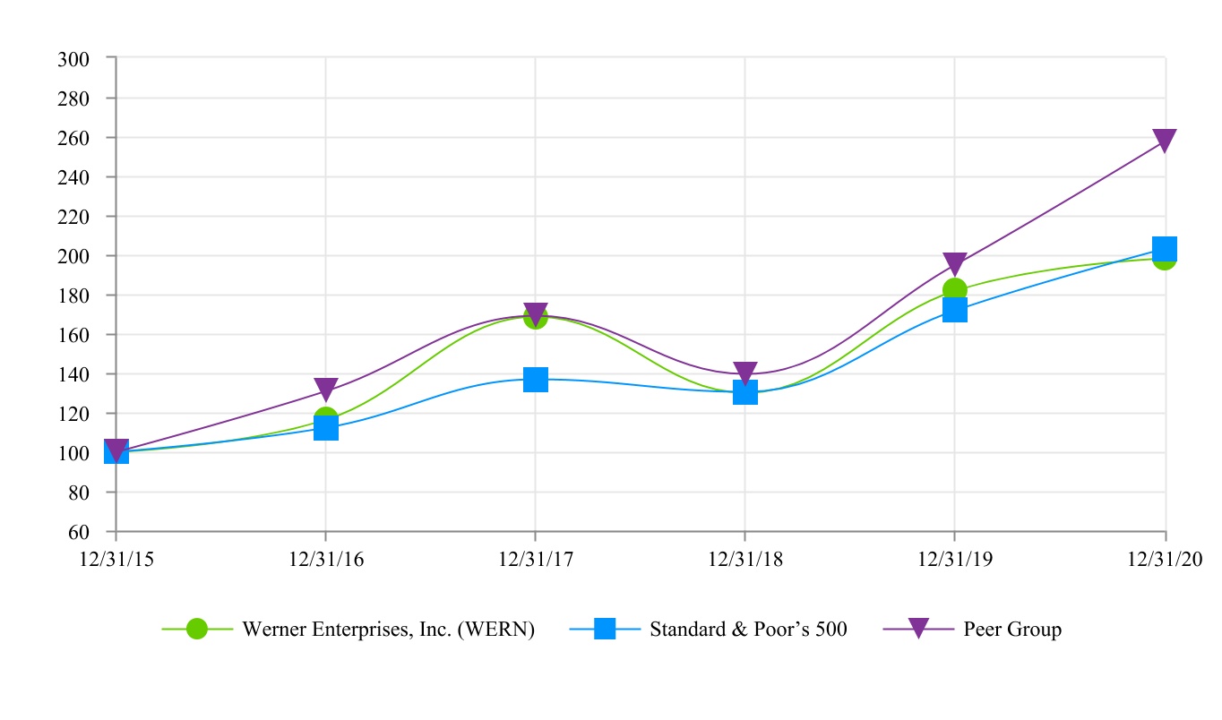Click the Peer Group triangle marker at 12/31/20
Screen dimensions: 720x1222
(x=1165, y=141)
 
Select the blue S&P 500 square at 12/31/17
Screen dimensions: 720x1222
(x=536, y=380)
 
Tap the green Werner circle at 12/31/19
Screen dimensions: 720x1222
(x=955, y=290)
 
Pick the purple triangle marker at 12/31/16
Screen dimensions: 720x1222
(x=326, y=390)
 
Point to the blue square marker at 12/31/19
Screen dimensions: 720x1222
(x=955, y=311)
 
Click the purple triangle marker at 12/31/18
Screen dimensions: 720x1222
(x=745, y=373)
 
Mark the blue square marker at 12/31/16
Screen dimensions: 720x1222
(x=326, y=428)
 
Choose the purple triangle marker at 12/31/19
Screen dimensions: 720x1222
(x=955, y=264)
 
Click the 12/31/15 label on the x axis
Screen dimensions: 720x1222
(x=116, y=559)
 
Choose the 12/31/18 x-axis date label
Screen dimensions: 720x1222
(x=744, y=559)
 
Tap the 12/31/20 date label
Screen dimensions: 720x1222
(x=1165, y=559)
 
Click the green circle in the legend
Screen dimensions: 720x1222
(x=197, y=630)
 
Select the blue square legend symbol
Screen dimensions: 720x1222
(x=605, y=630)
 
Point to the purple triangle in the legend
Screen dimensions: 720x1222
(x=918, y=630)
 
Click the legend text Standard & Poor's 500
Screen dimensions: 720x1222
(x=748, y=630)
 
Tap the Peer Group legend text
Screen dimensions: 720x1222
(x=1012, y=630)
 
